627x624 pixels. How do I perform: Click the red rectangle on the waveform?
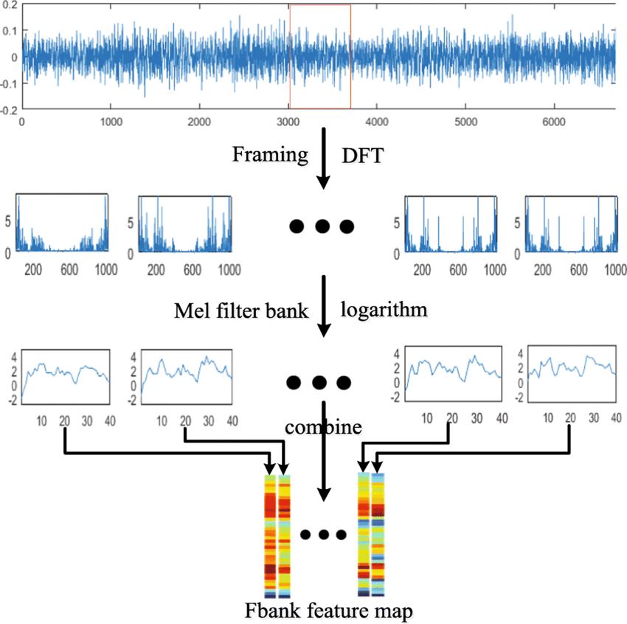tap(320, 56)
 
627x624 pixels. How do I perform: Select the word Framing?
tap(269, 154)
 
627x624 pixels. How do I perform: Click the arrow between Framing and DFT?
tap(322, 158)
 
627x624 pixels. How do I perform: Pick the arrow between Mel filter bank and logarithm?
tap(322, 306)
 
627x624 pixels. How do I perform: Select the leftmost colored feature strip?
tap(270, 535)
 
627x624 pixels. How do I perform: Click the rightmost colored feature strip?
tap(378, 535)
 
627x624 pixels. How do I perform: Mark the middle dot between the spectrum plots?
tap(322, 226)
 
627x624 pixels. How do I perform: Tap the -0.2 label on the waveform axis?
tap(9, 110)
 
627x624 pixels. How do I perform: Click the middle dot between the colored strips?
tap(323, 534)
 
